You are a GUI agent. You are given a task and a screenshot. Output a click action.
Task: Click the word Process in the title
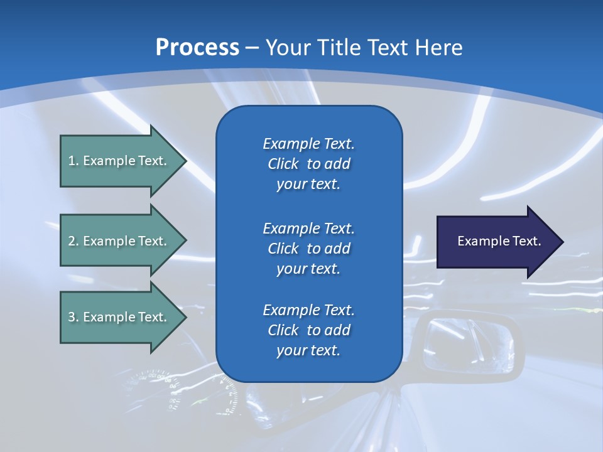coord(197,47)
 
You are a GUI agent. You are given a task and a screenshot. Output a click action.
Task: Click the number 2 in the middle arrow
coord(72,241)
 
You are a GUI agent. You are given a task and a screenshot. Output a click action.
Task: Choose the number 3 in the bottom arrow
coord(72,317)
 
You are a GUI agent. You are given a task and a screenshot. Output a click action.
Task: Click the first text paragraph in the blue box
coord(308,164)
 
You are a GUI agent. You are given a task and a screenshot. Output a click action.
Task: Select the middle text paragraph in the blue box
coord(308,249)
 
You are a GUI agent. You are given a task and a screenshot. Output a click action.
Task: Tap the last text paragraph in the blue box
coord(308,330)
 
